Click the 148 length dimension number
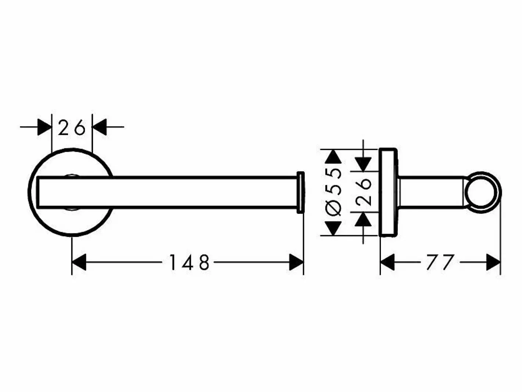coord(190,262)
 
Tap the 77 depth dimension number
coord(440,262)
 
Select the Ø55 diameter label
coord(333,192)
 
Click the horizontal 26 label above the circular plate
coord(72,127)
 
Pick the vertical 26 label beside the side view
coord(363,192)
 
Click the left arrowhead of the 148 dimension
coord(79,262)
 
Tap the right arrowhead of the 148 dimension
coord(296,262)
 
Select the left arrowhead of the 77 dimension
coord(387,262)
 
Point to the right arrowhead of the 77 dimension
coord(493,262)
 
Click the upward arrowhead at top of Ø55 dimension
coord(333,156)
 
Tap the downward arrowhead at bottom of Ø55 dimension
coord(333,229)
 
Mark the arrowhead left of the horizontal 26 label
coord(44,127)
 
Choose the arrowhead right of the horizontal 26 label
coord(99,127)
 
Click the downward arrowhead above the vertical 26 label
coord(363,164)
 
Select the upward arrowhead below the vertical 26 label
coord(363,219)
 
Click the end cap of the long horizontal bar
coord(301,192)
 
